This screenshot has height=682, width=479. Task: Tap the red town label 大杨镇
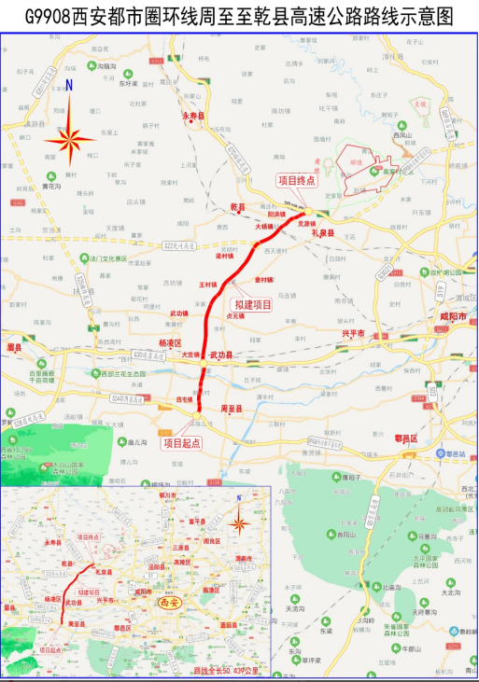point(267,227)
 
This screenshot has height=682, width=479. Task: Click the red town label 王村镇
point(207,284)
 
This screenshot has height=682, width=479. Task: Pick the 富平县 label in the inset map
point(196,522)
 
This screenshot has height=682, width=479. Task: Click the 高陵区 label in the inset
point(182,563)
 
